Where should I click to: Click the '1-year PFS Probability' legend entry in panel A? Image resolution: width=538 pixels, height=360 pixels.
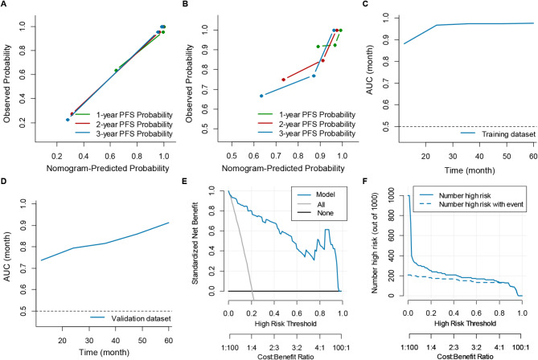tap(133, 115)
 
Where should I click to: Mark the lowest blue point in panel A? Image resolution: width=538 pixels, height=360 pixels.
tap(68, 120)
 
